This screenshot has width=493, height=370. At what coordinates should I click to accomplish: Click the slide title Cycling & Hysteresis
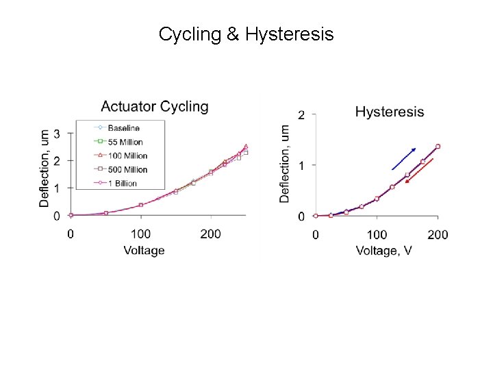(x=246, y=34)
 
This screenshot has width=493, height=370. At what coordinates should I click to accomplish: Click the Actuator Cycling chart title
(x=155, y=107)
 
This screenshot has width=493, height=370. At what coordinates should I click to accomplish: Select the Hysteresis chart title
(x=390, y=112)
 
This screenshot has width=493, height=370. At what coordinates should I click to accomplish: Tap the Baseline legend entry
(x=117, y=127)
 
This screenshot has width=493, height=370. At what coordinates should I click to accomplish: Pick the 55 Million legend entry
(x=118, y=142)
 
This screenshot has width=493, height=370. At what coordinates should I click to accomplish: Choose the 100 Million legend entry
(x=121, y=156)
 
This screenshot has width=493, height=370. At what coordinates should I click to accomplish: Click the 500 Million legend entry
(x=121, y=169)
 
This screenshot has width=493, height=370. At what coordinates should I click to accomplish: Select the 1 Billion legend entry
(x=116, y=183)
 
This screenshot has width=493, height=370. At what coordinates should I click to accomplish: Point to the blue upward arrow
(x=404, y=159)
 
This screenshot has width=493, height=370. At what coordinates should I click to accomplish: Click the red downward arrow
(x=419, y=171)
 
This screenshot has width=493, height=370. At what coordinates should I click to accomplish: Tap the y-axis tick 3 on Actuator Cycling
(x=57, y=134)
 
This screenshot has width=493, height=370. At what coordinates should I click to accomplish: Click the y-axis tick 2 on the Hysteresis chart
(x=301, y=115)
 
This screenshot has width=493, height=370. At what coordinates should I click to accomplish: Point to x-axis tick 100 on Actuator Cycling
(x=140, y=234)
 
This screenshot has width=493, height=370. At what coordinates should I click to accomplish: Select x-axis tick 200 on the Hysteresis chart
(x=438, y=235)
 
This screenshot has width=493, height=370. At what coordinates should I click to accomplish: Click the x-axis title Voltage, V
(x=383, y=251)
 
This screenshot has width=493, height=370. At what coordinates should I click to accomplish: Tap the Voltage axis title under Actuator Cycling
(x=144, y=251)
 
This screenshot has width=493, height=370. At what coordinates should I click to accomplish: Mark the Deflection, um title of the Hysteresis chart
(x=284, y=164)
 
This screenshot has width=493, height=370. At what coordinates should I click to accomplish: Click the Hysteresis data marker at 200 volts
(x=438, y=147)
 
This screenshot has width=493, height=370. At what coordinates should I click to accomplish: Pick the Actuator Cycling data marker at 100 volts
(x=141, y=205)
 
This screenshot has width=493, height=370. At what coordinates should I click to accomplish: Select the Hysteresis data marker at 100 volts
(x=377, y=199)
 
